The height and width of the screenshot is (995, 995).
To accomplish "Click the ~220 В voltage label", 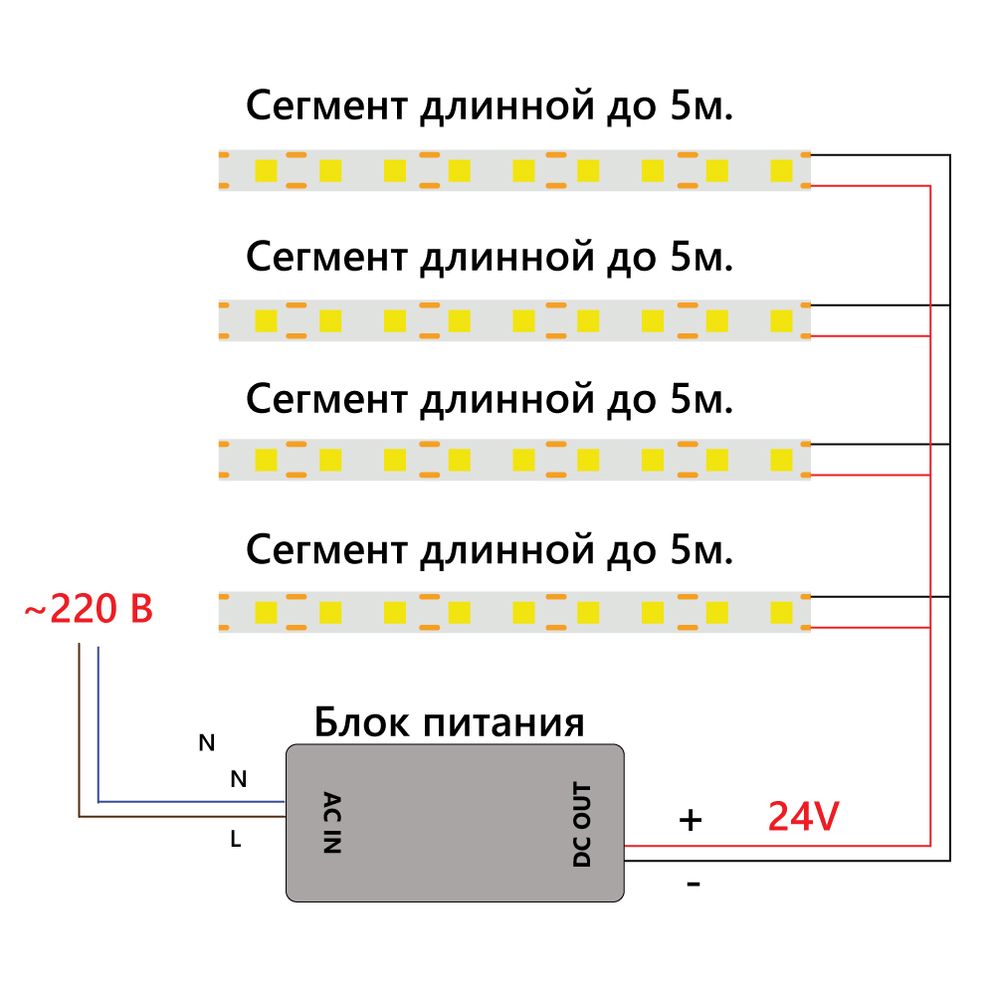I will coord(89,609).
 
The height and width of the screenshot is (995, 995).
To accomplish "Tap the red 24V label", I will coord(803,817).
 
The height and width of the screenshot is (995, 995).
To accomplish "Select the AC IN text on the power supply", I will coord(332,823).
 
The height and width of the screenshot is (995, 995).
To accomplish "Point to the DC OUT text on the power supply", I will coord(582,825).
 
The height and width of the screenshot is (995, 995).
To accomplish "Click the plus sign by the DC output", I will coord(691,820).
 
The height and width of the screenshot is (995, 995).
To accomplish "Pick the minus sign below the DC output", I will coord(694,884).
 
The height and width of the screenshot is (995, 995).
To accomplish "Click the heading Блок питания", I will coord(449,722).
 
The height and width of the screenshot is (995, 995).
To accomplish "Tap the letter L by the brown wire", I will coord(236,839).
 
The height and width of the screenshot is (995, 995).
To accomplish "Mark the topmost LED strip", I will coord(514,170).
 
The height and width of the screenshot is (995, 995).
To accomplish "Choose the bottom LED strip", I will coord(514,612).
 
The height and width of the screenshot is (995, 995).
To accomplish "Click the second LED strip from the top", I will coord(514,320).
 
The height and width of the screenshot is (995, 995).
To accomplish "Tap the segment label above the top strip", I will coord(490,106).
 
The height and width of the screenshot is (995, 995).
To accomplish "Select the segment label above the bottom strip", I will coord(490,549).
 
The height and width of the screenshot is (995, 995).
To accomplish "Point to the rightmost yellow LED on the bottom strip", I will coord(781,611).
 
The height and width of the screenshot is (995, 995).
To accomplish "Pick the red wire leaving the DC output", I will coord(776,845).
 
